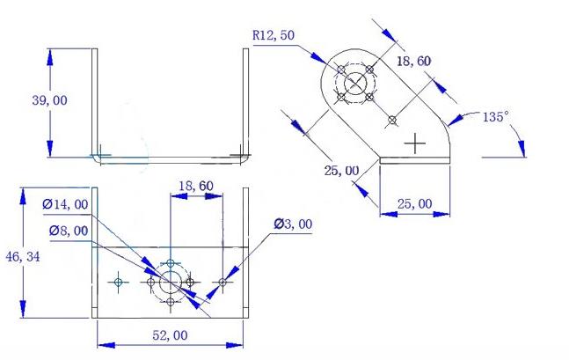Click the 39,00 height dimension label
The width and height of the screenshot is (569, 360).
[x=50, y=100]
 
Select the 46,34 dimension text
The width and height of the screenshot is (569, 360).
[x=23, y=257]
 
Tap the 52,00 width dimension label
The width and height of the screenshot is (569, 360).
[x=170, y=335]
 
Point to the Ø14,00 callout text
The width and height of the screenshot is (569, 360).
[x=65, y=204]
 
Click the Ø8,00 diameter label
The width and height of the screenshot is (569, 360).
[x=69, y=231]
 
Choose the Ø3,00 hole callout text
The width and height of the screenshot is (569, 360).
[x=293, y=224]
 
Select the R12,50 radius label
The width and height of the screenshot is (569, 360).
[x=274, y=35]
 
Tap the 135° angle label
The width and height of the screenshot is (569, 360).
[x=496, y=117]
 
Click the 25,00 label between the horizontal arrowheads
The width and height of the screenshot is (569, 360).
[x=415, y=204]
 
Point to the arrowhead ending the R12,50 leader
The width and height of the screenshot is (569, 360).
[x=318, y=58]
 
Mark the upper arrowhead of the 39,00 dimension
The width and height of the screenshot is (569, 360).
[x=50, y=57]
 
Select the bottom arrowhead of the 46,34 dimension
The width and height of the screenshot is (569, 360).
[x=23, y=309]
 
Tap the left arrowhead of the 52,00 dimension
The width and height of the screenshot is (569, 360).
[x=106, y=345]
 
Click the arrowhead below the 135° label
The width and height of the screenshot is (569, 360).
[x=522, y=149]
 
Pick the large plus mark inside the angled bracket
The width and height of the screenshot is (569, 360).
[x=415, y=143]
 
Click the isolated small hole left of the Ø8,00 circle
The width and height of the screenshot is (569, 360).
[x=119, y=282]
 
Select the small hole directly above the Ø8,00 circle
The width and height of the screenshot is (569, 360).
[x=171, y=262]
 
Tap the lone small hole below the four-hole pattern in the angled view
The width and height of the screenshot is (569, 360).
[x=392, y=120]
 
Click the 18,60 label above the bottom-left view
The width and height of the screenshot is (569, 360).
[x=196, y=186]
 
